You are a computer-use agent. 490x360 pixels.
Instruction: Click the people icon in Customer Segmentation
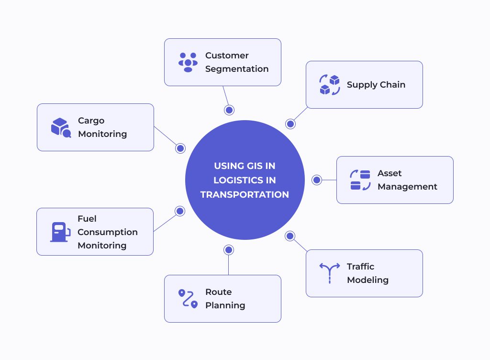[x=188, y=62]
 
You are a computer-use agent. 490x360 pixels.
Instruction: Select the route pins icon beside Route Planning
[x=188, y=298]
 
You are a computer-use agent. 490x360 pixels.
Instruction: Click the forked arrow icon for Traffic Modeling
[x=330, y=273]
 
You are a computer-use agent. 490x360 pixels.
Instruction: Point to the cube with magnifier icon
[x=61, y=127]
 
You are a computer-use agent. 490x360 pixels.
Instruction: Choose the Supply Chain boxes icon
[x=329, y=85]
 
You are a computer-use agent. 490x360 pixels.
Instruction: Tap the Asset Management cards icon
[x=360, y=180]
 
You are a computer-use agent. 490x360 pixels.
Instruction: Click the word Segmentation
[x=237, y=69]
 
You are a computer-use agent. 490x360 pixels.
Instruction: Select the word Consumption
[x=108, y=232]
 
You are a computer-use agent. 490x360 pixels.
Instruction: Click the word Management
[x=407, y=187]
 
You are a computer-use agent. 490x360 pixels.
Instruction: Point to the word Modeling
[x=368, y=280]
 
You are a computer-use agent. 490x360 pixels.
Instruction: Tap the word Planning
[x=225, y=305]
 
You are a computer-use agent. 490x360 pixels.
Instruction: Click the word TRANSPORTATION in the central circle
[x=245, y=194]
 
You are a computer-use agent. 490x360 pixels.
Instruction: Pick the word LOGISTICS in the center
[x=245, y=180]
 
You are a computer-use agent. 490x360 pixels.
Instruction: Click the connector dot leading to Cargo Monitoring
[x=180, y=148]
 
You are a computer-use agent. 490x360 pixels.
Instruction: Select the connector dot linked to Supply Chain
[x=290, y=124]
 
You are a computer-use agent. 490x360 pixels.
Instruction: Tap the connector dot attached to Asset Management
[x=317, y=180]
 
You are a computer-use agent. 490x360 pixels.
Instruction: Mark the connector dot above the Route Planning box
[x=229, y=250]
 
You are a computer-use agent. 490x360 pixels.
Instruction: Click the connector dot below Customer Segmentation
[x=229, y=110]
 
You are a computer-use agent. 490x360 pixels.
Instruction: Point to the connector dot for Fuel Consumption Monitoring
[x=180, y=211]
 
